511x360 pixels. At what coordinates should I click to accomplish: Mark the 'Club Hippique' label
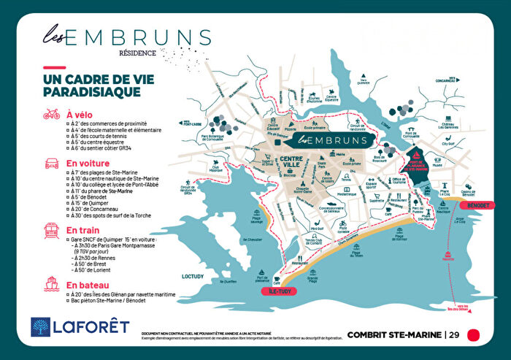216,167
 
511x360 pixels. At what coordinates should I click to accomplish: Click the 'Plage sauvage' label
257,220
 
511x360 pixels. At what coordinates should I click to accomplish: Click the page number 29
454,335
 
